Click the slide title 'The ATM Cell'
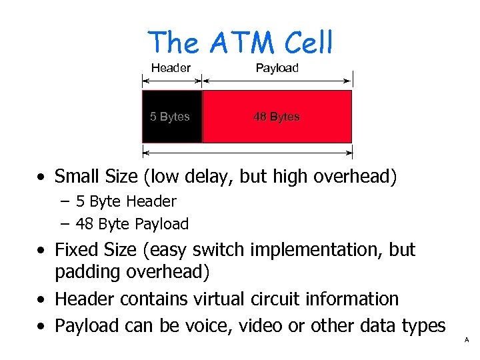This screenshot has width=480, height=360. coord(240,43)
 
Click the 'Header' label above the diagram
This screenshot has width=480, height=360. coord(171,68)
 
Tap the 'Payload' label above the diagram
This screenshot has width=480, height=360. coord(277,68)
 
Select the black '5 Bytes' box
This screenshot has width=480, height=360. coord(171,117)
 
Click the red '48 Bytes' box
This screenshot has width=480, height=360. coord(277,117)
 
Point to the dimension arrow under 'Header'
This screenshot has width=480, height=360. coord(171,81)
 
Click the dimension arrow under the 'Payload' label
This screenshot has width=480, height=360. coord(277,81)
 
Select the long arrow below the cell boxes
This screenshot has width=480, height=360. coord(247,153)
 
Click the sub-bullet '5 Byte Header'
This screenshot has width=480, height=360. coord(126,201)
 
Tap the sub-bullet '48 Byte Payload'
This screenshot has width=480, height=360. coord(132,224)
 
